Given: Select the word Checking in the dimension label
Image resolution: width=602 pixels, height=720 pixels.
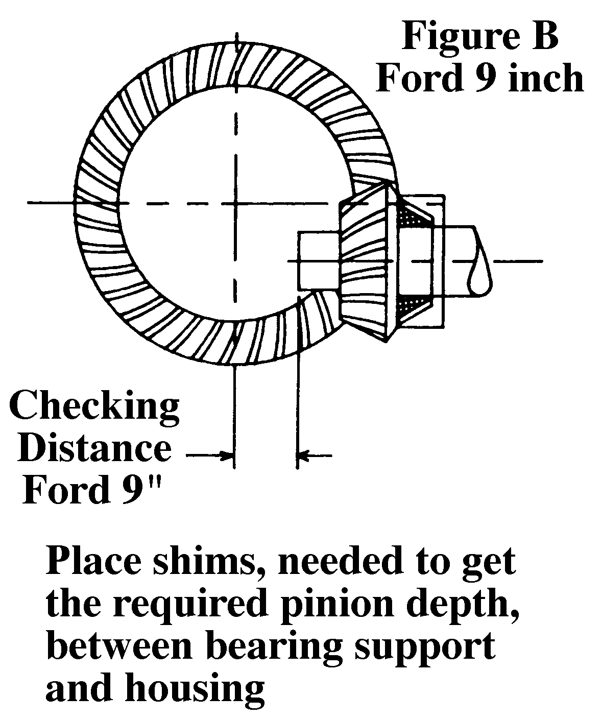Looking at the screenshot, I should coord(95,409).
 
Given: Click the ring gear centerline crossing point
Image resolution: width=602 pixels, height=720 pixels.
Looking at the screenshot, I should coord(235,203).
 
